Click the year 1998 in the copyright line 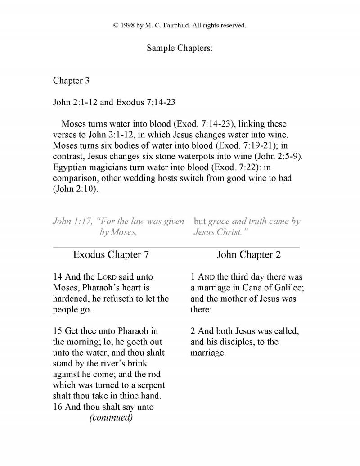coord(130,26)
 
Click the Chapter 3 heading coord(71,81)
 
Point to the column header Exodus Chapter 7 coord(111,255)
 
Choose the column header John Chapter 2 coord(248,255)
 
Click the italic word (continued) coord(111,417)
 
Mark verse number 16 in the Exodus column coord(58,407)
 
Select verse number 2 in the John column coord(193,331)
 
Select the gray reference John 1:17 coord(73,222)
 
